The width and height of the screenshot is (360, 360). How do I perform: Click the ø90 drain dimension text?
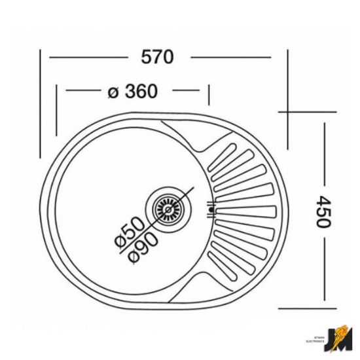pyautogui.click(x=142, y=247)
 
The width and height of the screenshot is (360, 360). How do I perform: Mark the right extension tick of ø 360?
pyautogui.click(x=209, y=95)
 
